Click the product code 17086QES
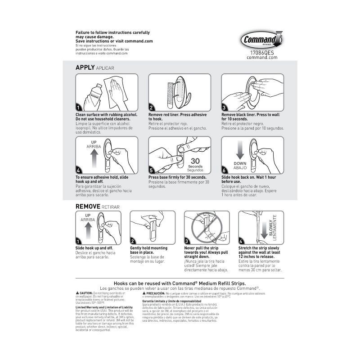point(261,52)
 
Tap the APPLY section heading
point(85,67)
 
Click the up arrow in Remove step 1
point(89,231)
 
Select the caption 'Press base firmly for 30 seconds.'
point(177,177)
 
